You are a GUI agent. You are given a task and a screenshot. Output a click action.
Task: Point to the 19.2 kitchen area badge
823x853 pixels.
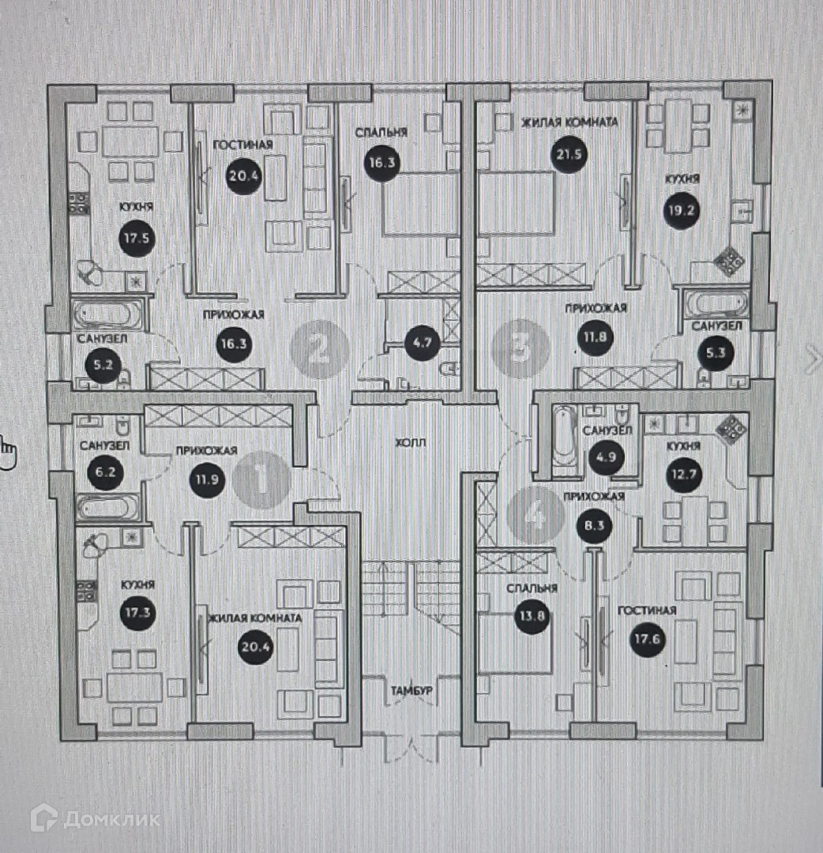pyautogui.click(x=682, y=212)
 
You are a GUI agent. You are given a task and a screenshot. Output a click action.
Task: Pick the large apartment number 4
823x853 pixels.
pyautogui.click(x=535, y=515)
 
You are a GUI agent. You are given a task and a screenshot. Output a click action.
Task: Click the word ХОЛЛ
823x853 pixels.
pyautogui.click(x=411, y=443)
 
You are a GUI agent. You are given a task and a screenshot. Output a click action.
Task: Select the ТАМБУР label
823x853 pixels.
pyautogui.click(x=411, y=690)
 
